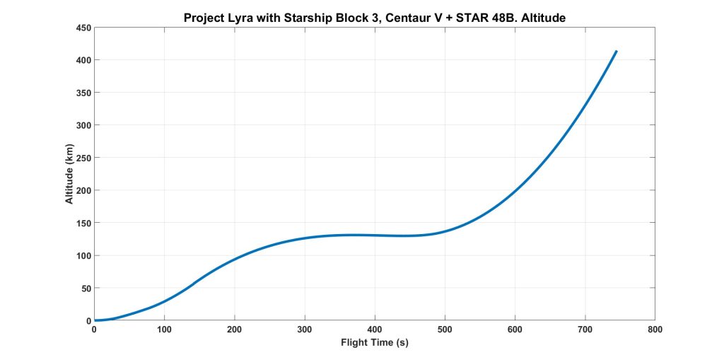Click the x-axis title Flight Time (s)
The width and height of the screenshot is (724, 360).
pos(375,343)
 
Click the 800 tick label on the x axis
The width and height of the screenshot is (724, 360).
pos(655,330)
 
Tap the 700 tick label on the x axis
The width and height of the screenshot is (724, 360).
pos(585,330)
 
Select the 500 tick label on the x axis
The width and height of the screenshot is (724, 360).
pos(445,330)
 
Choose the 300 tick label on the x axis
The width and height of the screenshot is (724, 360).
pos(305,330)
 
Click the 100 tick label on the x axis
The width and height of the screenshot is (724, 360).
pos(165,330)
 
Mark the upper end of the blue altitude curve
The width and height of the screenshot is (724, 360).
pos(617,52)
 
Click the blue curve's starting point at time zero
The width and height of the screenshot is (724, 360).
pos(95,320)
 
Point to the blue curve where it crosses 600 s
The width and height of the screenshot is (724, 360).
pos(515,190)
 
